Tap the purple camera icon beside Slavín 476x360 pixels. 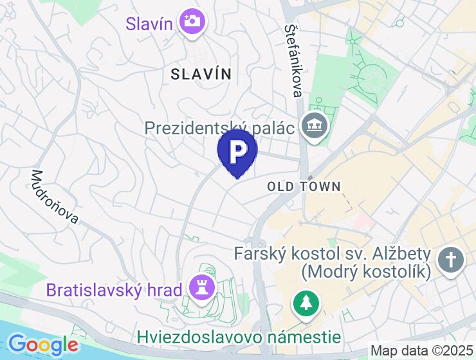(x=191, y=22)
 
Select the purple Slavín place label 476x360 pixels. (x=149, y=24)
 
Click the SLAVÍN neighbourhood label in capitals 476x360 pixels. (x=201, y=74)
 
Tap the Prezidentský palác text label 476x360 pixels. (x=219, y=127)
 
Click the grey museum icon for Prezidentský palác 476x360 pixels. (x=315, y=125)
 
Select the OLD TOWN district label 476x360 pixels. (x=304, y=186)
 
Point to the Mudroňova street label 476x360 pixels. (x=55, y=197)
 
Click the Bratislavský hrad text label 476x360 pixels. (x=114, y=290)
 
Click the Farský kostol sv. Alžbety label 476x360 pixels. (x=332, y=253)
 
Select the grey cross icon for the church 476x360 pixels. (x=451, y=260)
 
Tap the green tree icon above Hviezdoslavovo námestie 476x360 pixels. (x=305, y=303)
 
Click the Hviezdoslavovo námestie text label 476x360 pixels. (x=239, y=336)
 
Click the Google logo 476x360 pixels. (x=43, y=345)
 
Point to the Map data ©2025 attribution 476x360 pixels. (x=422, y=351)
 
